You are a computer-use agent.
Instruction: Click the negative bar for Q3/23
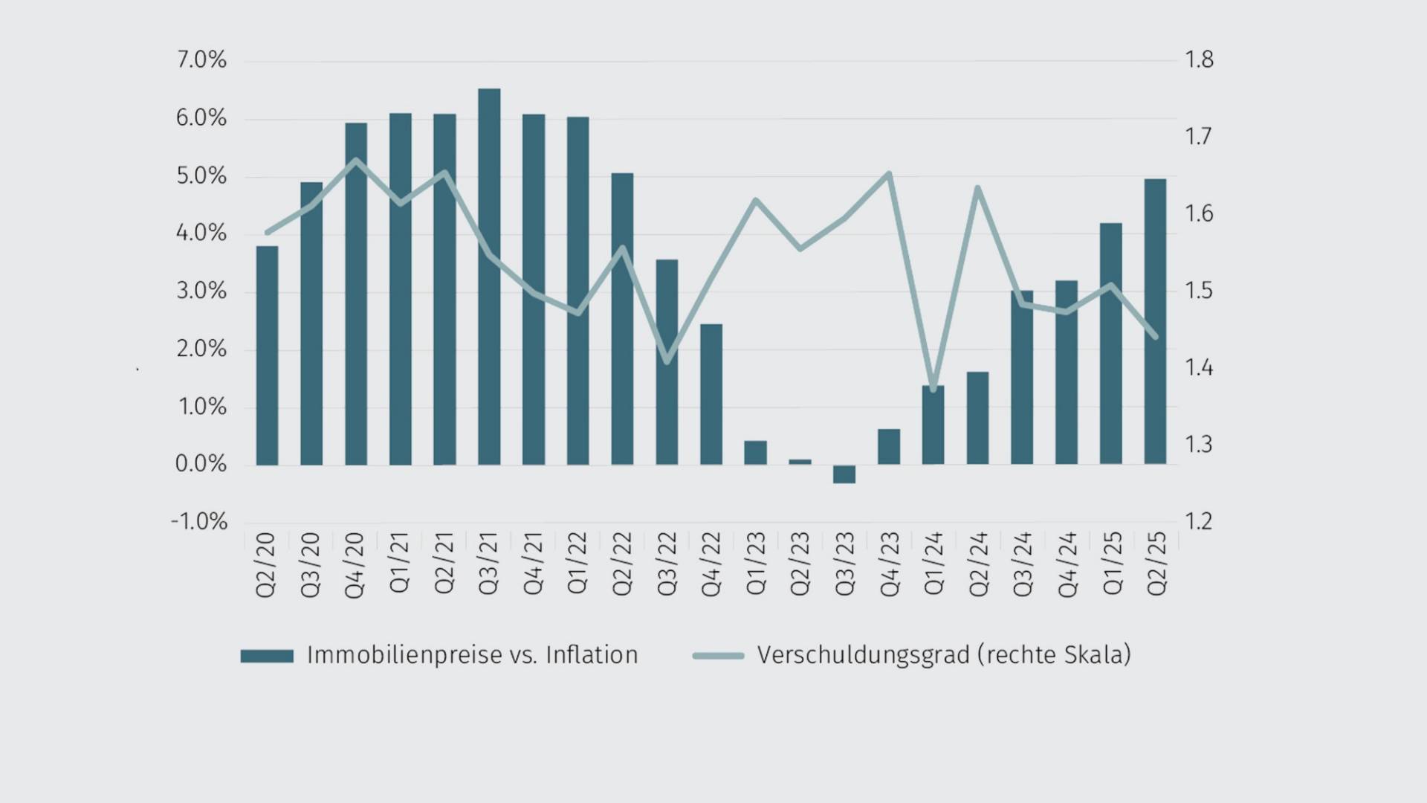coord(844,474)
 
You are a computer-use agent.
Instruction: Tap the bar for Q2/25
coord(1155,321)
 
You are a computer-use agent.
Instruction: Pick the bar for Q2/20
coord(267,355)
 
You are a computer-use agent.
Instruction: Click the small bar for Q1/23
coord(755,453)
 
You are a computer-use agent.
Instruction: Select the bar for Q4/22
coord(711,394)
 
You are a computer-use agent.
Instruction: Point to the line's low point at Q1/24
coord(933,389)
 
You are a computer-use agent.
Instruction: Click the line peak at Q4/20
coord(356,160)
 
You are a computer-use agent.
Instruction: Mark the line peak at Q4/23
coord(889,174)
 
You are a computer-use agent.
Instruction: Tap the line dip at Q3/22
coord(667,362)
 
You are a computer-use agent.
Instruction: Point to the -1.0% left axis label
coord(199,521)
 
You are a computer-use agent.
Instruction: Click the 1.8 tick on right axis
coord(1198,60)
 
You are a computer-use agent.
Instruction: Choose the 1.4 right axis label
coord(1198,367)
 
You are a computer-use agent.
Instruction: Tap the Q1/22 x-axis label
coord(577,563)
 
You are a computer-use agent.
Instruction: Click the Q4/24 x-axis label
coord(1067,564)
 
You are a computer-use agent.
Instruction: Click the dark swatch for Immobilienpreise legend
coord(267,656)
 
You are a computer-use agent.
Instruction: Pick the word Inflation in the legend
coord(592,655)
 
